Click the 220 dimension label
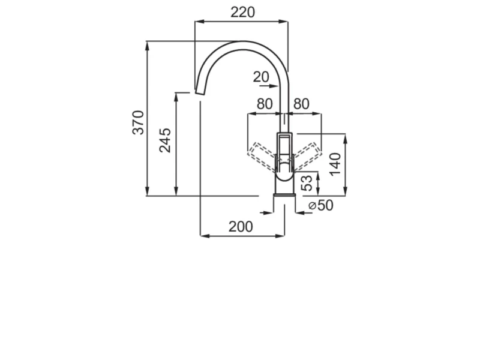tap(242, 12)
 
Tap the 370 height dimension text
tap(138, 122)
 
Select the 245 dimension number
tap(165, 140)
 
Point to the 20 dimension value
tap(261, 77)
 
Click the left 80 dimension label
tap(265, 104)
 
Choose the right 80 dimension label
tap(301, 104)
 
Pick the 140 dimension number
tap(335, 164)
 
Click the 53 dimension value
tap(307, 183)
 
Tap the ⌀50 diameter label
tap(320, 205)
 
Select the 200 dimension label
tap(241, 227)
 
